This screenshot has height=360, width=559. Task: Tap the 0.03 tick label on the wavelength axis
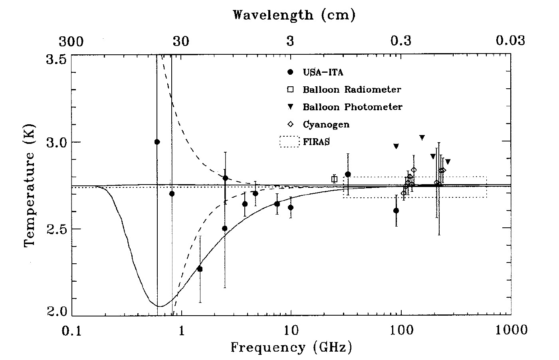(x=509, y=41)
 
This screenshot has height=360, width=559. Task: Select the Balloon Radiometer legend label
(x=352, y=90)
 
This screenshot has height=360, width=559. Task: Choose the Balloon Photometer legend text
(x=353, y=107)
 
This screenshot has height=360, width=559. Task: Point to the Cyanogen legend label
(x=326, y=124)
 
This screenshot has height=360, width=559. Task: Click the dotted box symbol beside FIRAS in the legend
(x=289, y=142)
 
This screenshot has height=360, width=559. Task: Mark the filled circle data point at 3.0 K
(x=157, y=142)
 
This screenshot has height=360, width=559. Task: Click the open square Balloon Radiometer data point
(x=334, y=179)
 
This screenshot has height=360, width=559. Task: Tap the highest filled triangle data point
(x=422, y=137)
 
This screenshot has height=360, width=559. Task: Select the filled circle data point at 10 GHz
(x=291, y=207)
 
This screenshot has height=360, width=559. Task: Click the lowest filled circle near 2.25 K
(x=200, y=269)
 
